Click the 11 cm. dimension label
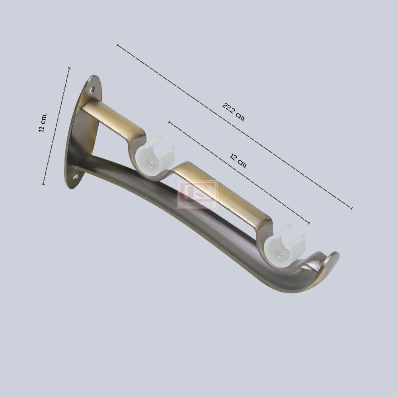point(43,123)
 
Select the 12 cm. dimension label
point(238,161)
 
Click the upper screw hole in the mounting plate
point(92,90)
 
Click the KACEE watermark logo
point(197,195)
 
